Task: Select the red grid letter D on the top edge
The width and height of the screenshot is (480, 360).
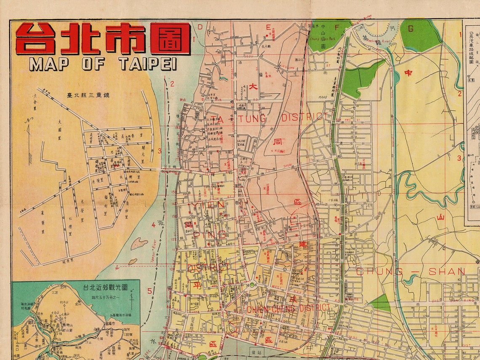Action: pyautogui.click(x=200, y=27)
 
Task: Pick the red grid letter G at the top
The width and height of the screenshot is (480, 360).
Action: pyautogui.click(x=411, y=29)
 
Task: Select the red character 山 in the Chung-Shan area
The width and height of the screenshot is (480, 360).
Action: pyautogui.click(x=440, y=217)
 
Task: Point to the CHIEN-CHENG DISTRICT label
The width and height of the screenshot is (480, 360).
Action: pyautogui.click(x=288, y=308)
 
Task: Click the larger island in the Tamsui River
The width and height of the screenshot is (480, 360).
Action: pyautogui.click(x=139, y=243)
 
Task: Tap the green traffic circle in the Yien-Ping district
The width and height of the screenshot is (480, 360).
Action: pyautogui.click(x=252, y=285)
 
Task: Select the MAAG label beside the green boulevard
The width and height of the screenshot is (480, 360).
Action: pyautogui.click(x=323, y=98)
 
